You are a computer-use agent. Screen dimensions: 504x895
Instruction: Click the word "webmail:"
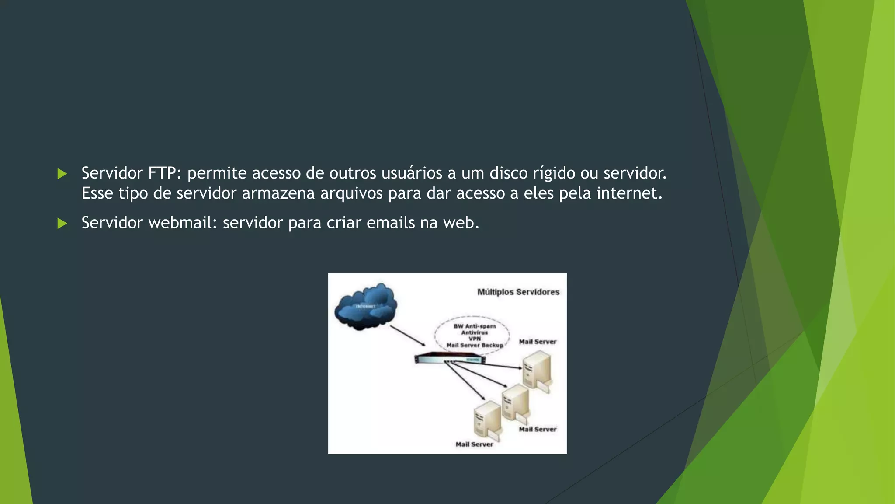pos(183,223)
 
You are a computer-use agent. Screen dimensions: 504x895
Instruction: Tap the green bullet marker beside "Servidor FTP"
pos(62,174)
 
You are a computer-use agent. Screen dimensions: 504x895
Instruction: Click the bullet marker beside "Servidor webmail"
pos(62,224)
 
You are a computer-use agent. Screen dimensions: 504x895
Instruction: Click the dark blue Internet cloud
pos(366,306)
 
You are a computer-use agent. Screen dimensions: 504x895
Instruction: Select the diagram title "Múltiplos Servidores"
pos(518,292)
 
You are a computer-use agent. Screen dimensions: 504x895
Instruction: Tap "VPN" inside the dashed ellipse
pos(475,339)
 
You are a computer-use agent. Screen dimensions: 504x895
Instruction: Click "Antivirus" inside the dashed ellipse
pos(475,332)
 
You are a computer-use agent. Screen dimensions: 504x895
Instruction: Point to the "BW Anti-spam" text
pos(475,326)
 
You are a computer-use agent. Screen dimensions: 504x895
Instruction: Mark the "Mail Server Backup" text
pos(475,345)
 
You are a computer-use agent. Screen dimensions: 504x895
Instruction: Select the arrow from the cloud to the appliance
pos(407,336)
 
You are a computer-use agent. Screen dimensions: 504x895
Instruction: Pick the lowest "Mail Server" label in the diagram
pos(474,444)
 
